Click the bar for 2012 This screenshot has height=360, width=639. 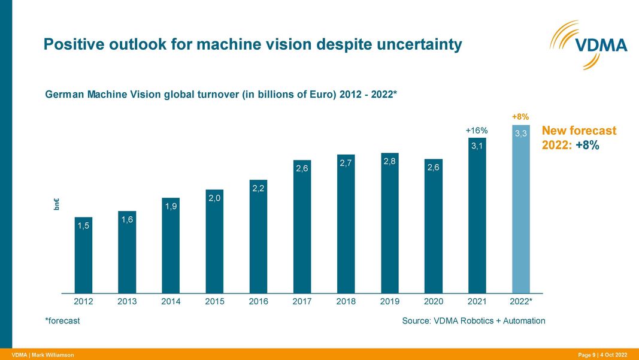(83, 255)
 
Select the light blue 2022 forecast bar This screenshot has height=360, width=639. (520, 210)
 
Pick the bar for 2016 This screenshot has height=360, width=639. (258, 236)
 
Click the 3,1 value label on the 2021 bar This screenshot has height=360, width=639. (477, 146)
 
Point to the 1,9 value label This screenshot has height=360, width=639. (171, 206)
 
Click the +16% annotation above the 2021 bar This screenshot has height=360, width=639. (477, 130)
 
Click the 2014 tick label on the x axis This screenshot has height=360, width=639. (171, 302)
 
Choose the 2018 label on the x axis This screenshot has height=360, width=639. (346, 302)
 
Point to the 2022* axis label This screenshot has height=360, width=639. (520, 302)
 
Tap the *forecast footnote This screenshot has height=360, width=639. (62, 321)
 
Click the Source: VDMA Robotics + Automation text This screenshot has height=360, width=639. (473, 321)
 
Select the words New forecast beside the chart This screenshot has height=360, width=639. (579, 131)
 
